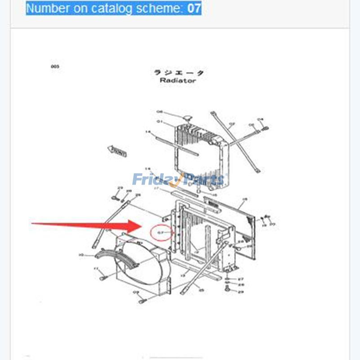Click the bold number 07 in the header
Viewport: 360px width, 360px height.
pyautogui.click(x=194, y=8)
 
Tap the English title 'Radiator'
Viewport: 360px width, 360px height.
pyautogui.click(x=178, y=81)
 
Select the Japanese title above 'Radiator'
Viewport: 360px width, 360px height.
pyautogui.click(x=179, y=72)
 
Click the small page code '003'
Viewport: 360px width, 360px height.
pyautogui.click(x=55, y=67)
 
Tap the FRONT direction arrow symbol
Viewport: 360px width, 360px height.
pyautogui.click(x=117, y=151)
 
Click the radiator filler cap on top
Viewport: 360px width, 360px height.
pyautogui.click(x=188, y=118)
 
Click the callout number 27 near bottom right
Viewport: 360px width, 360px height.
pyautogui.click(x=241, y=279)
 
